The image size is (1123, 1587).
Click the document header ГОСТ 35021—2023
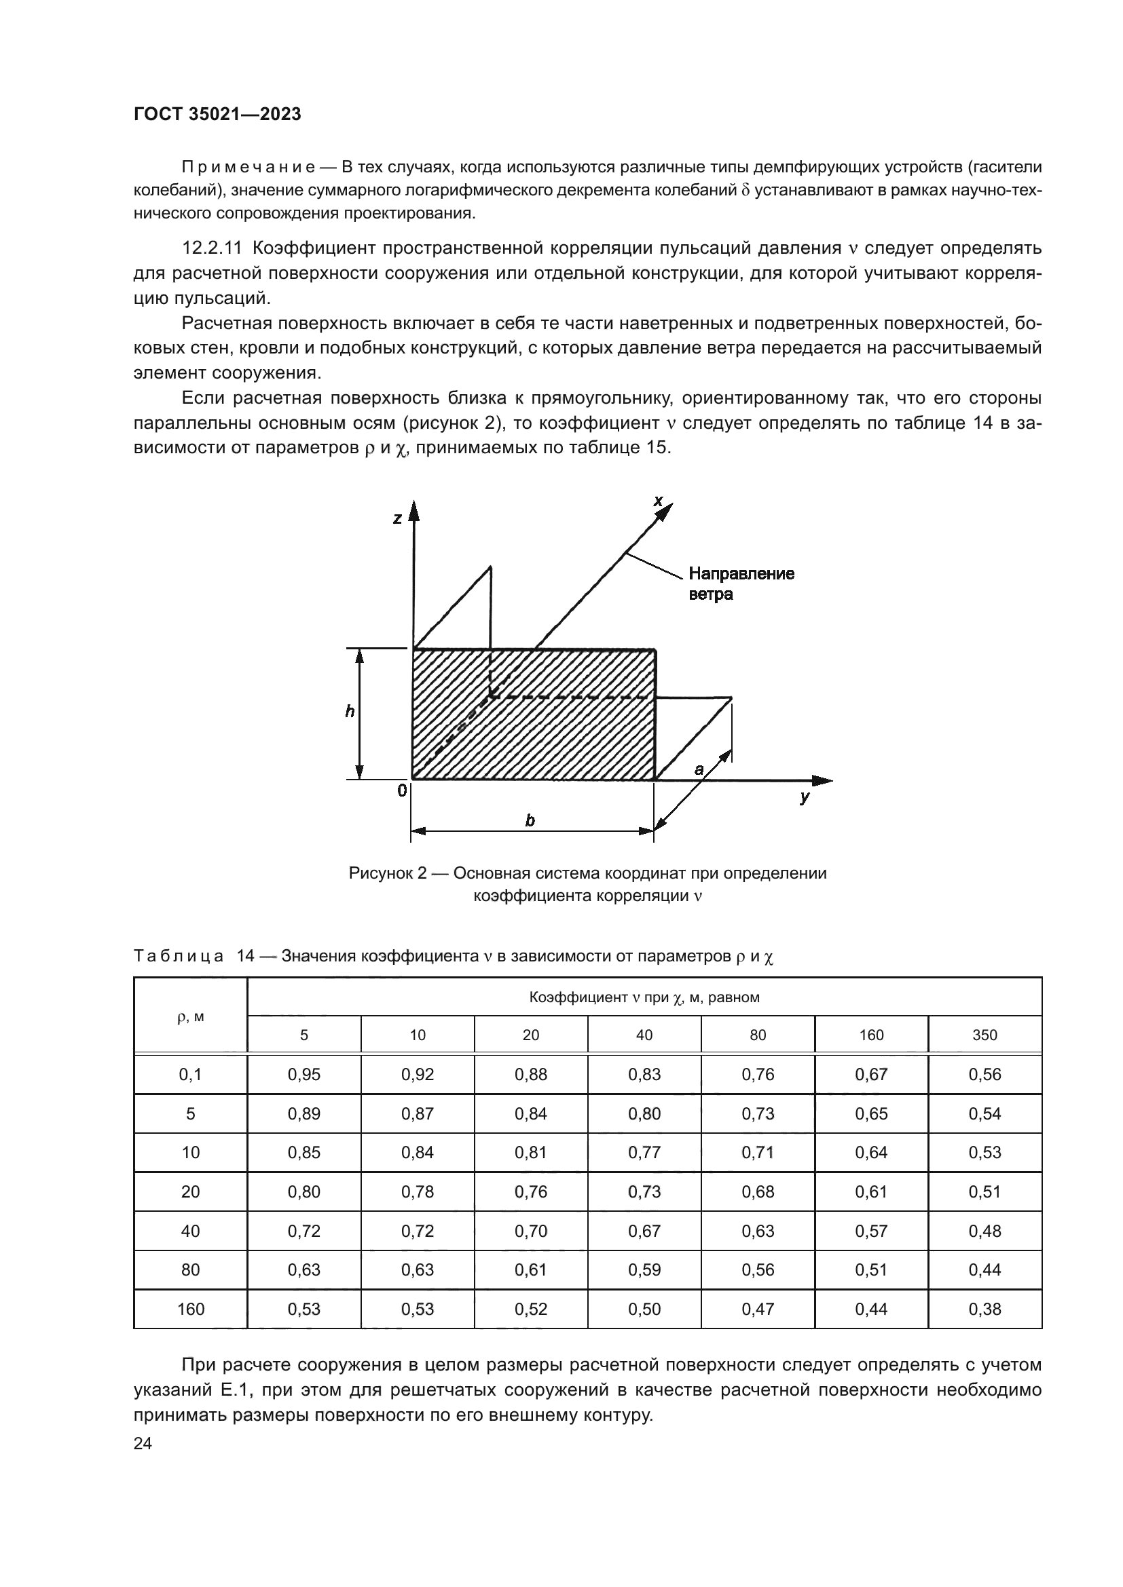point(217,115)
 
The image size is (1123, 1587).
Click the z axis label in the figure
point(397,518)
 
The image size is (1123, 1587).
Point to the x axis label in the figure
point(659,501)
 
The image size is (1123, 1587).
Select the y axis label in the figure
point(804,798)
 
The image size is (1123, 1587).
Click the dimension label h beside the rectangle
point(350,711)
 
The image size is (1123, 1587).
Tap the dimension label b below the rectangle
point(530,820)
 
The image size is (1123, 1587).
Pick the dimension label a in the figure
point(699,769)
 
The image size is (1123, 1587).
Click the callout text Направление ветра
point(741,584)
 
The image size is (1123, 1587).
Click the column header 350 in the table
point(984,1035)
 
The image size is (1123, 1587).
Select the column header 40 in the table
point(644,1035)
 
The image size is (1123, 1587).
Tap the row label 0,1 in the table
point(190,1074)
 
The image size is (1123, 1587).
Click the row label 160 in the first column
point(190,1309)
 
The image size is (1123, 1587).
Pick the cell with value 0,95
point(304,1074)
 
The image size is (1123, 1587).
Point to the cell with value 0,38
point(984,1309)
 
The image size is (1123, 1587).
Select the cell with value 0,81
point(531,1152)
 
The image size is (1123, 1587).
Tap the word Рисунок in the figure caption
point(382,873)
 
